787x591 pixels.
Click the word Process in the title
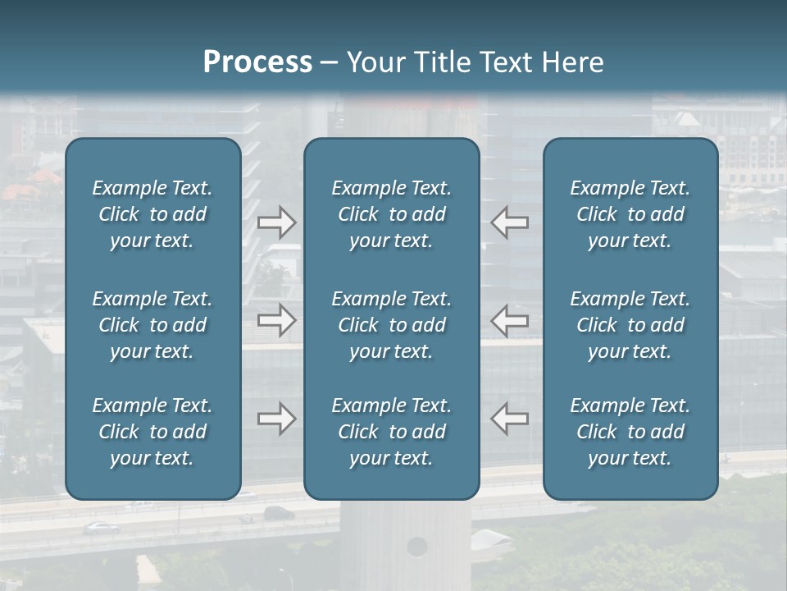click(x=257, y=62)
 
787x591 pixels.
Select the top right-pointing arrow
click(x=277, y=222)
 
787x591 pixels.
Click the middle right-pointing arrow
click(x=277, y=320)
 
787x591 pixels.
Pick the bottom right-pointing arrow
click(x=277, y=419)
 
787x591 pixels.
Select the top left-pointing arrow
click(x=509, y=222)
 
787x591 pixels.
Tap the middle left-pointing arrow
click(x=509, y=320)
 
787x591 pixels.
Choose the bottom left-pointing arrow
click(x=509, y=419)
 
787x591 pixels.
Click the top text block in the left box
click(x=152, y=214)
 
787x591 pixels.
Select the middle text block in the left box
click(x=152, y=325)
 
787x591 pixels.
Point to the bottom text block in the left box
click(x=152, y=432)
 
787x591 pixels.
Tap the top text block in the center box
click(x=392, y=214)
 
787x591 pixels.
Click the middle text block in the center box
click(x=392, y=325)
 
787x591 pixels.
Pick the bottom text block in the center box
click(x=392, y=432)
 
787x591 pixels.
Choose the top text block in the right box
click(x=630, y=214)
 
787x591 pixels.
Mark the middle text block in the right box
click(x=630, y=325)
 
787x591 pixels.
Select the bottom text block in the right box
click(x=630, y=432)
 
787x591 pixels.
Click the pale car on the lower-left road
click(x=102, y=528)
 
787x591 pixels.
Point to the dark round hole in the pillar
click(x=417, y=546)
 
